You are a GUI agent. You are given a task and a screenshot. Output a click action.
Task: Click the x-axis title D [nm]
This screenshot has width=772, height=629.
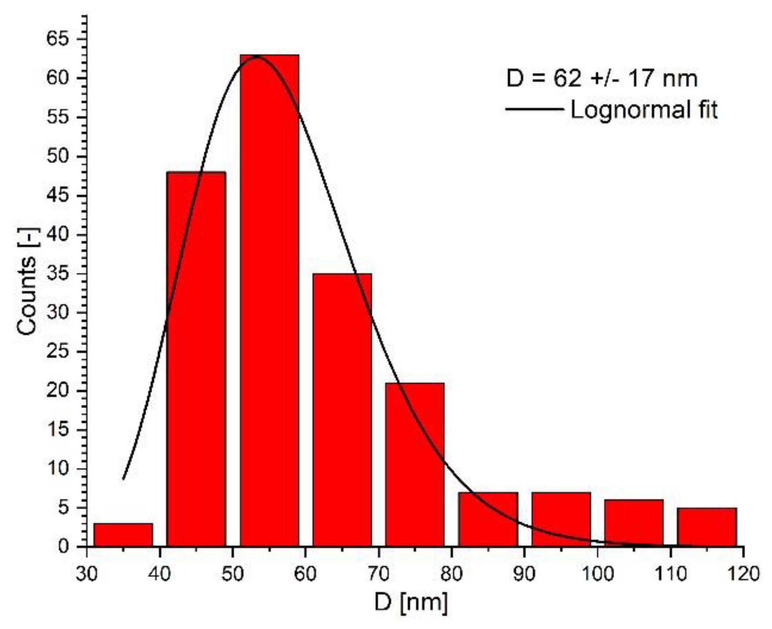coord(411,603)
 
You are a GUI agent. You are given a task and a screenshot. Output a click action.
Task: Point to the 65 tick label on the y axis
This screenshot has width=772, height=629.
coord(60,40)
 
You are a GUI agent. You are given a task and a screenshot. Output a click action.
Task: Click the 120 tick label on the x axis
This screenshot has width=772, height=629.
coord(743,574)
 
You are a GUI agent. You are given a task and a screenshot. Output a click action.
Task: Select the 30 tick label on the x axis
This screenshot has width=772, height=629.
coord(87,574)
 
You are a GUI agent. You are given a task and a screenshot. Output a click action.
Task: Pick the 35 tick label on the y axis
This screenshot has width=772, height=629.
coord(60,274)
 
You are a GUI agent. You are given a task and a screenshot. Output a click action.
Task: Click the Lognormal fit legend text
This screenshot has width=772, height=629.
coord(644,110)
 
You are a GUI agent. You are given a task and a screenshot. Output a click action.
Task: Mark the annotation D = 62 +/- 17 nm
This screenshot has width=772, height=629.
coord(602,79)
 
